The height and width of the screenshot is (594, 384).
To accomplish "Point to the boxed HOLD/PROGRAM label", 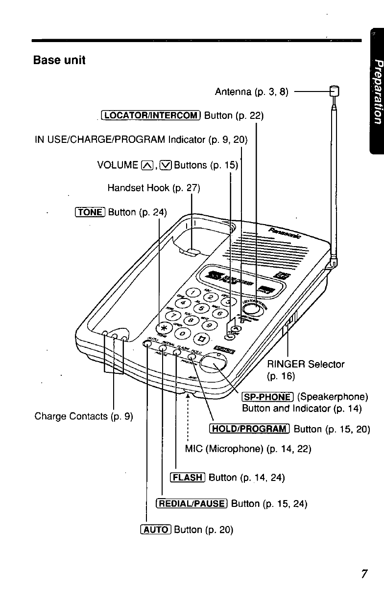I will coord(250,429).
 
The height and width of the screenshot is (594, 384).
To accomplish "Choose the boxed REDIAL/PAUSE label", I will coord(192,503).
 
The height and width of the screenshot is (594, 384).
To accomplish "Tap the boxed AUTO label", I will coord(155,529).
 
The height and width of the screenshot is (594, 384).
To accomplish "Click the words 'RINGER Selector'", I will coord(306,364).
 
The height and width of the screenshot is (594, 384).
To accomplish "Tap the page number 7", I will coord(363,574).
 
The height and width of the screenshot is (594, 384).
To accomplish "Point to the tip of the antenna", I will coord(334,91).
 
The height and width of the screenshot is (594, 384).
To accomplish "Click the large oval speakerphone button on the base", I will coord(214,362).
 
